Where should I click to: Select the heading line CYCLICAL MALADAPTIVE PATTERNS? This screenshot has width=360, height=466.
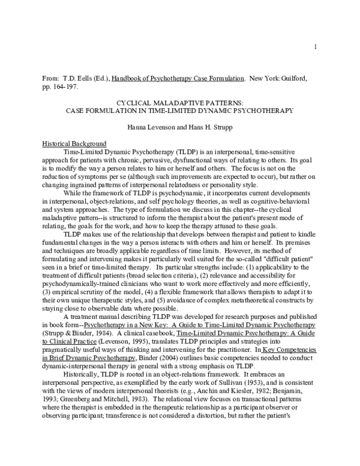[179, 103]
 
